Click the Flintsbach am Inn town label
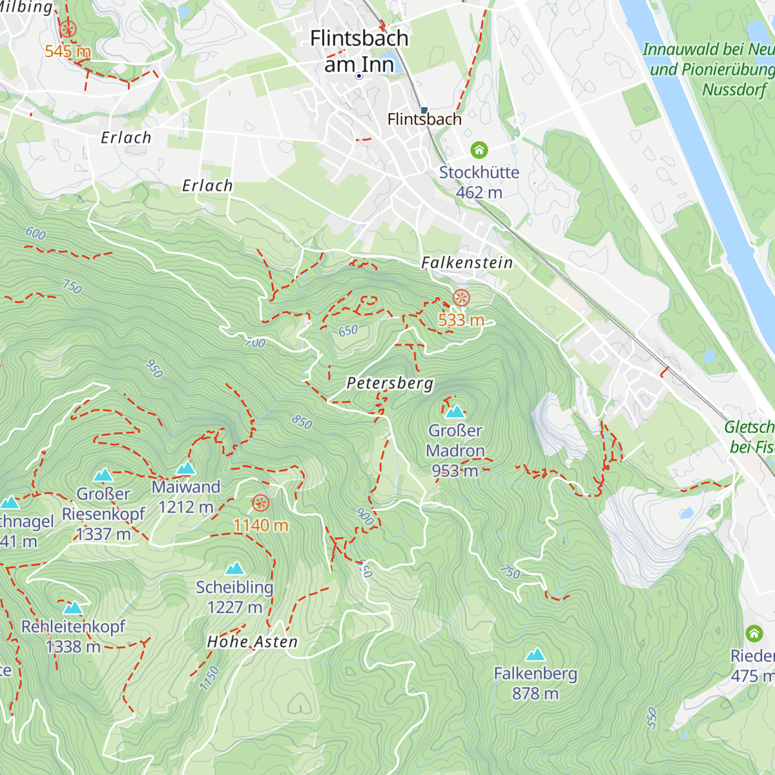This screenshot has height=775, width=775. (x=359, y=51)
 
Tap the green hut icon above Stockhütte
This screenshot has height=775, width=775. (x=479, y=150)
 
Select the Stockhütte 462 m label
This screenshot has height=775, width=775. (x=479, y=182)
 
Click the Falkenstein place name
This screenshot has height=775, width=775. (x=467, y=263)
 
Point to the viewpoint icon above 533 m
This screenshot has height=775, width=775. (x=461, y=298)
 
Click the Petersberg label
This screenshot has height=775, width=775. (x=389, y=383)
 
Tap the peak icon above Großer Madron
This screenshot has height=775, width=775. (x=455, y=411)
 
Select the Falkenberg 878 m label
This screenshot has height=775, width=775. (x=535, y=683)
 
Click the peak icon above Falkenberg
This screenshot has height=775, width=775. (x=535, y=655)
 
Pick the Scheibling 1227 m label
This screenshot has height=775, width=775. (x=234, y=597)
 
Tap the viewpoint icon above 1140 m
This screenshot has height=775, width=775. (x=260, y=503)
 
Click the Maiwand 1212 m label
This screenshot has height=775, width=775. (x=186, y=497)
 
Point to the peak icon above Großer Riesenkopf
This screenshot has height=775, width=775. (x=103, y=476)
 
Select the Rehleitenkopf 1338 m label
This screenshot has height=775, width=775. (x=73, y=636)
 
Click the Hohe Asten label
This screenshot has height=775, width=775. (x=253, y=642)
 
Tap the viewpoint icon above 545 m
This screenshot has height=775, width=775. (x=68, y=29)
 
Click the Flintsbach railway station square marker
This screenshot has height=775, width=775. (x=424, y=110)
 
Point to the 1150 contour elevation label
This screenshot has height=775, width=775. (x=209, y=679)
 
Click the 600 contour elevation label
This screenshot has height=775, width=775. (x=36, y=233)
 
